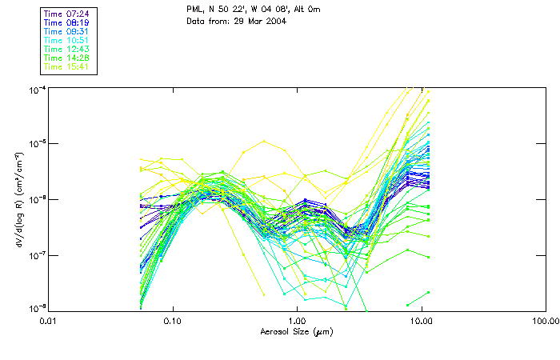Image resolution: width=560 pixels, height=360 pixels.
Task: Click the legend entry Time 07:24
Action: [x=66, y=14]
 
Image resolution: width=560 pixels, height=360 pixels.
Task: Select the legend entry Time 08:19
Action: [x=66, y=22]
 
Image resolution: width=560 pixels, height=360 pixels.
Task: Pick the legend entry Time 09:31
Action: [x=66, y=31]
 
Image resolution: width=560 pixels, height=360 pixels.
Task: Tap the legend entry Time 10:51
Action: [x=66, y=40]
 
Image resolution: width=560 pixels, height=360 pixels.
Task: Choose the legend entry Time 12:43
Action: [x=66, y=49]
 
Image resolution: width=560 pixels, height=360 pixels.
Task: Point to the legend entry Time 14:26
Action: [x=66, y=58]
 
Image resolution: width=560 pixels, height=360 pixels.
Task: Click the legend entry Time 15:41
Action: [x=66, y=66]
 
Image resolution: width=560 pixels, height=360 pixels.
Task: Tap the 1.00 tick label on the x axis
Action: [x=297, y=320]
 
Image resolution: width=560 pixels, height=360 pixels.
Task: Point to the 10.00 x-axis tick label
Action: [x=421, y=320]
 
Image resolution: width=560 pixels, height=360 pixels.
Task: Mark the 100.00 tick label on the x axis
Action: [x=544, y=320]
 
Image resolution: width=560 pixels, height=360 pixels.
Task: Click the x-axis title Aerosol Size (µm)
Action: [x=296, y=331]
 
